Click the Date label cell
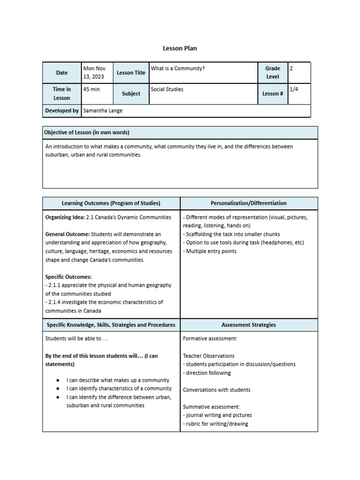pyautogui.click(x=62, y=73)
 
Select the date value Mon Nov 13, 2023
pyautogui.click(x=94, y=73)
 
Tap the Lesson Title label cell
pyautogui.click(x=131, y=73)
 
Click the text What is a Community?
pyautogui.click(x=178, y=68)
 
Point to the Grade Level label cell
pyautogui.click(x=272, y=73)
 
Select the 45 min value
pyautogui.click(x=91, y=89)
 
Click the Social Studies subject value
pyautogui.click(x=167, y=89)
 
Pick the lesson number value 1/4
pyautogui.click(x=293, y=89)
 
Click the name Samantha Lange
pyautogui.click(x=102, y=111)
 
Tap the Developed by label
pyautogui.click(x=62, y=111)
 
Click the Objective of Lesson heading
pyautogui.click(x=87, y=133)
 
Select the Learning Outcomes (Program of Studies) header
pyautogui.click(x=111, y=203)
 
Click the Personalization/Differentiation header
pyautogui.click(x=248, y=203)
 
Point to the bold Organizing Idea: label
pyautogui.click(x=65, y=217)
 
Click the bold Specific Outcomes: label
pyautogui.click(x=68, y=277)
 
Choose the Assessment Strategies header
pyautogui.click(x=248, y=324)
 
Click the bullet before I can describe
pyautogui.click(x=57, y=380)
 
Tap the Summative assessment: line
pyautogui.click(x=211, y=407)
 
